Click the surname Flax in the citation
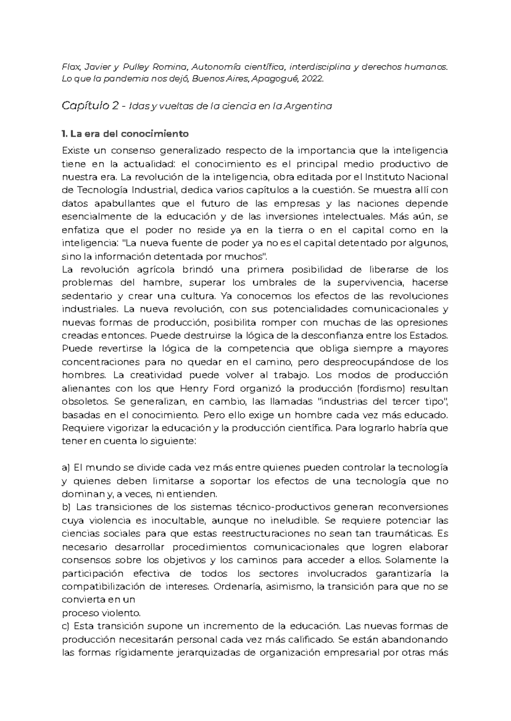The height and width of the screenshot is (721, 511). click(71, 66)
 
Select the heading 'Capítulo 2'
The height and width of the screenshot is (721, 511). click(90, 106)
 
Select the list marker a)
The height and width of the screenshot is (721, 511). click(66, 468)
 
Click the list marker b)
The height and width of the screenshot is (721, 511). click(66, 507)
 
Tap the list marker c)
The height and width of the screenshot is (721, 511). click(66, 626)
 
